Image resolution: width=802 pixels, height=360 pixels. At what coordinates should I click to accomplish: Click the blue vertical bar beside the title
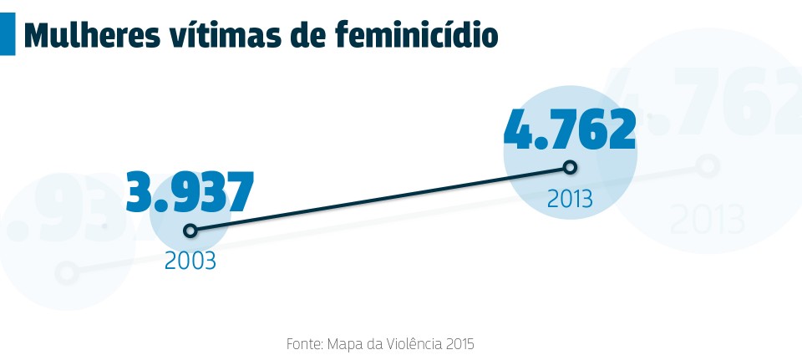(x=7, y=33)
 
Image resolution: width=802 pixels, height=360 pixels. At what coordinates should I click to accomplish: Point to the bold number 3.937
(x=190, y=192)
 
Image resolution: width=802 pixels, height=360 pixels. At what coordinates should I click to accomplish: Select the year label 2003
(x=190, y=261)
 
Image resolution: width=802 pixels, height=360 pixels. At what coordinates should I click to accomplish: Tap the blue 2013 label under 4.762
(x=570, y=199)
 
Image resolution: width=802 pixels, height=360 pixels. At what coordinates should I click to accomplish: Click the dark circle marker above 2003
(x=190, y=230)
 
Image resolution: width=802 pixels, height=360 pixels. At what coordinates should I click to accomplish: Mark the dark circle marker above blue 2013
(x=570, y=167)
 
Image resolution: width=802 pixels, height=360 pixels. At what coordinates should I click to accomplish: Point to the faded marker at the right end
(x=708, y=165)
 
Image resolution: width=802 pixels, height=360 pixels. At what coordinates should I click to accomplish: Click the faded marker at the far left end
(x=68, y=271)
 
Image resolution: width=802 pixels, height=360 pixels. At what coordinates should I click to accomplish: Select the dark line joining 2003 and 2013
(x=380, y=199)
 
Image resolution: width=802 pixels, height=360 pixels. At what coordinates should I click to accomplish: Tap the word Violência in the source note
(x=409, y=343)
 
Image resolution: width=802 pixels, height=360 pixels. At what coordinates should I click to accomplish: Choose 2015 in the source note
(x=460, y=343)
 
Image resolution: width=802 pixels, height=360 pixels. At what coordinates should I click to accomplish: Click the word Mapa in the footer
(x=344, y=343)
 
